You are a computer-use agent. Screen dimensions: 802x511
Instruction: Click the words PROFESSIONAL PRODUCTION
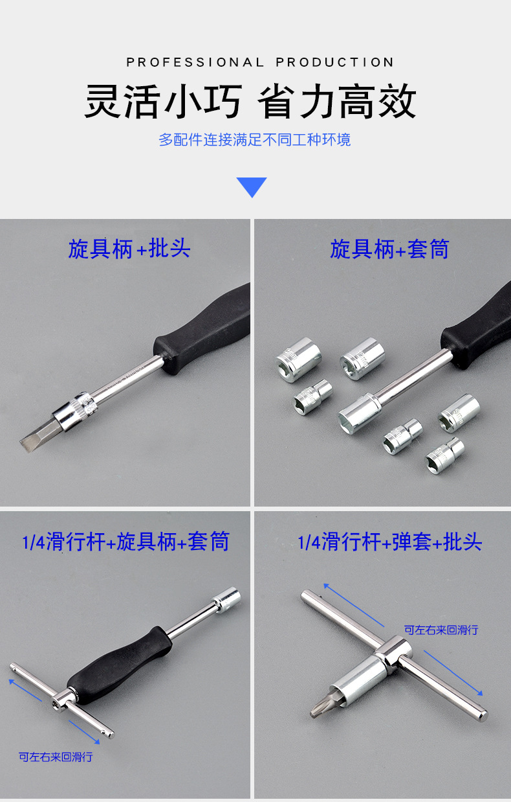(259, 62)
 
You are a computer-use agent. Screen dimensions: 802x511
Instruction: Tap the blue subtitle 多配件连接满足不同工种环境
(255, 140)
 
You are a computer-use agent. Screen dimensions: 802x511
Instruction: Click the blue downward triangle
(252, 186)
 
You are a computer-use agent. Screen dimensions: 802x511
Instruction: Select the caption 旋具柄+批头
(129, 249)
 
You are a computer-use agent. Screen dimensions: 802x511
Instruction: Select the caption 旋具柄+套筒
(389, 249)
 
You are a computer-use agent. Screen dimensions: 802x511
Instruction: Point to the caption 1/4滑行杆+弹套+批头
(389, 542)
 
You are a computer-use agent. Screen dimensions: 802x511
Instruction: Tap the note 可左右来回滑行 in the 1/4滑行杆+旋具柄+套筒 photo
(56, 757)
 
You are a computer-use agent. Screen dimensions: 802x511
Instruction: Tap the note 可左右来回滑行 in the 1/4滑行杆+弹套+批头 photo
(441, 629)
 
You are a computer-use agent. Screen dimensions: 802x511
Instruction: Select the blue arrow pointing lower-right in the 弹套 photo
(453, 674)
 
